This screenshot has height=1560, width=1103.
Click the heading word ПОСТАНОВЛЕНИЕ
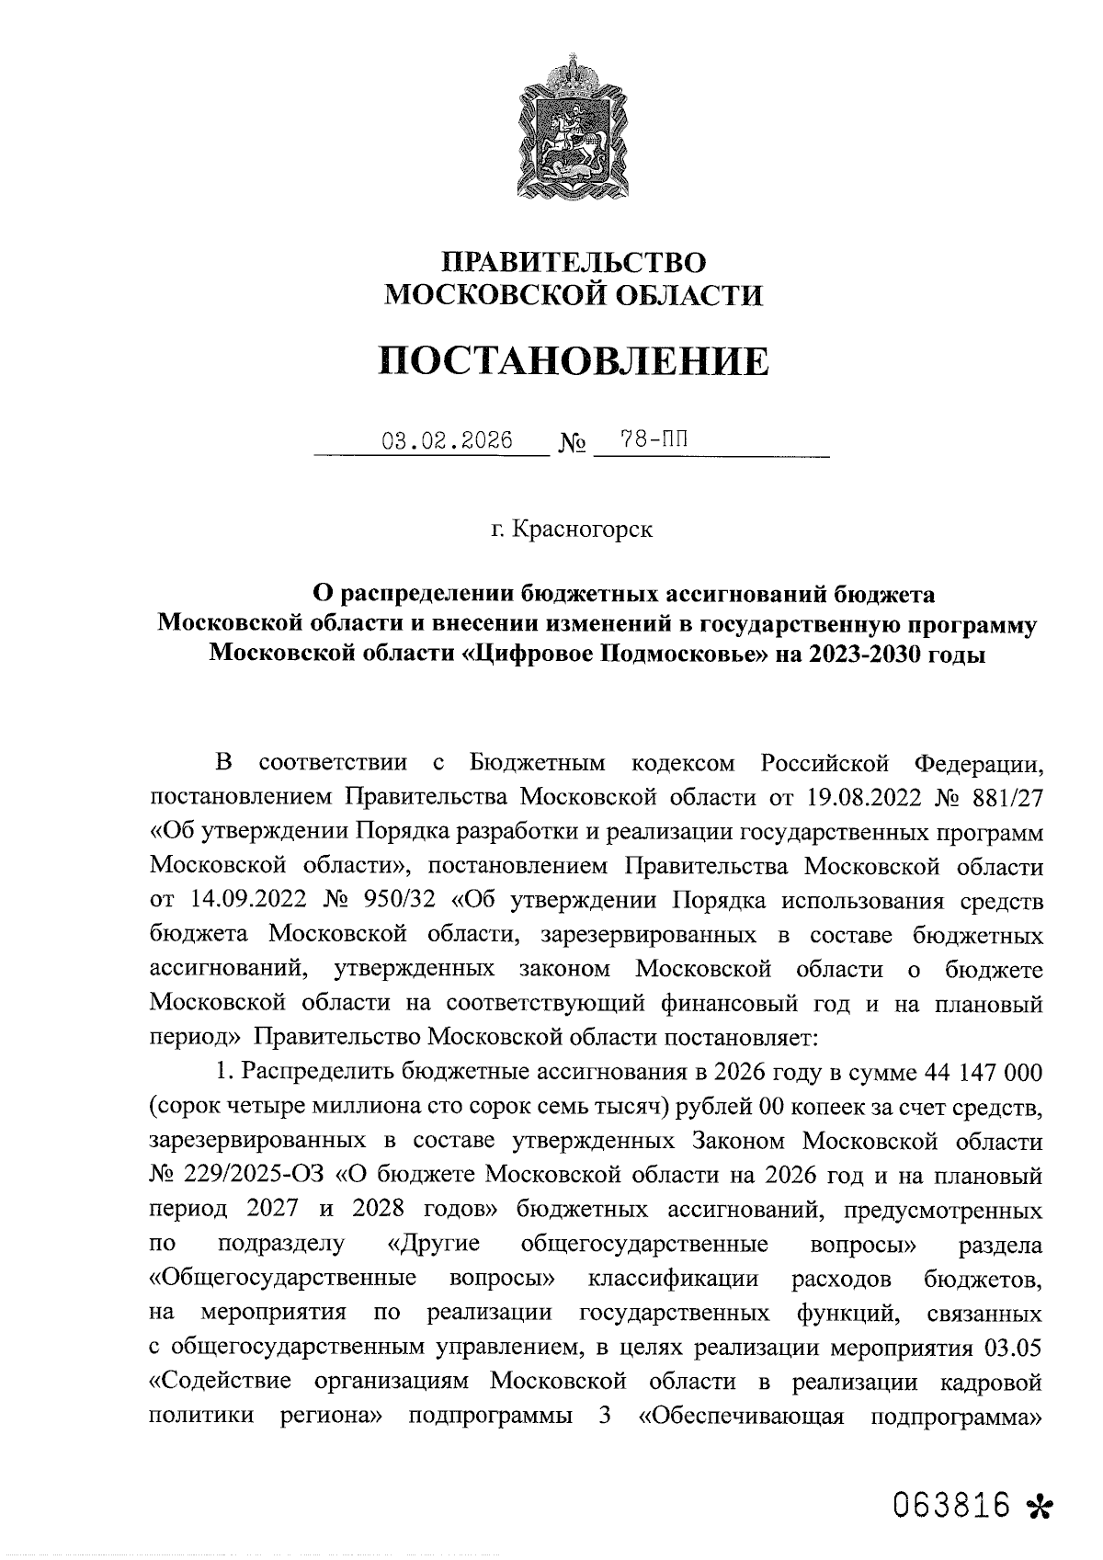574,361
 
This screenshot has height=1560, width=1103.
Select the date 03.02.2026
447,440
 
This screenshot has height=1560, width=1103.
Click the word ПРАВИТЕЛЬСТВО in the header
574,262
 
